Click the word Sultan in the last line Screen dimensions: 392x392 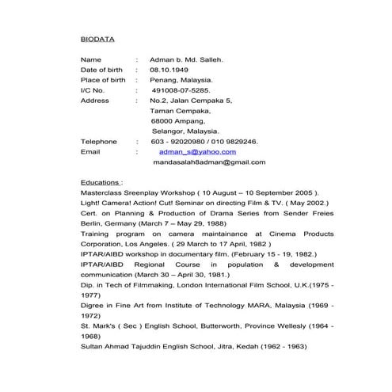[93, 346]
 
